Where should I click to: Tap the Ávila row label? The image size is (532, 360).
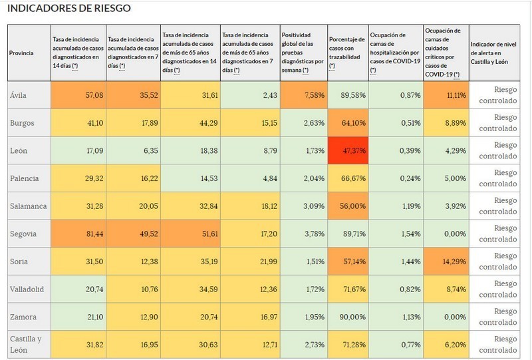(x=19, y=95)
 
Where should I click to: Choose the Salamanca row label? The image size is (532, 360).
(x=27, y=208)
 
